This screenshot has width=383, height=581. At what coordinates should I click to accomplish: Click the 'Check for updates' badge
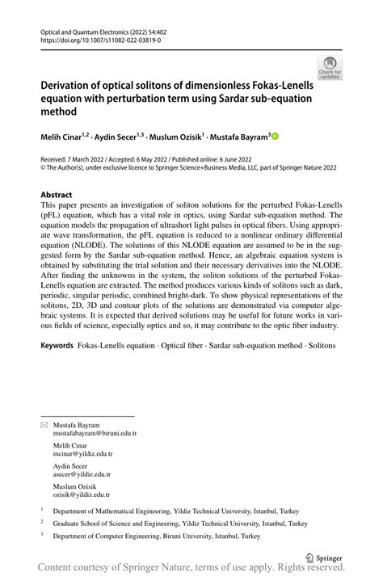click(330, 67)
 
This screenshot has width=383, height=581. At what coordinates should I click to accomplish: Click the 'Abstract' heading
click(57, 195)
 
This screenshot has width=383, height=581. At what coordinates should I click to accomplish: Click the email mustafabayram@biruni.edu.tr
click(95, 433)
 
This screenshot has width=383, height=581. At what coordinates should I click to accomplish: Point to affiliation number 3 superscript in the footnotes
click(41, 534)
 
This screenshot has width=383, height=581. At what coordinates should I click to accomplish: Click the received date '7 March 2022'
click(92, 158)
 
